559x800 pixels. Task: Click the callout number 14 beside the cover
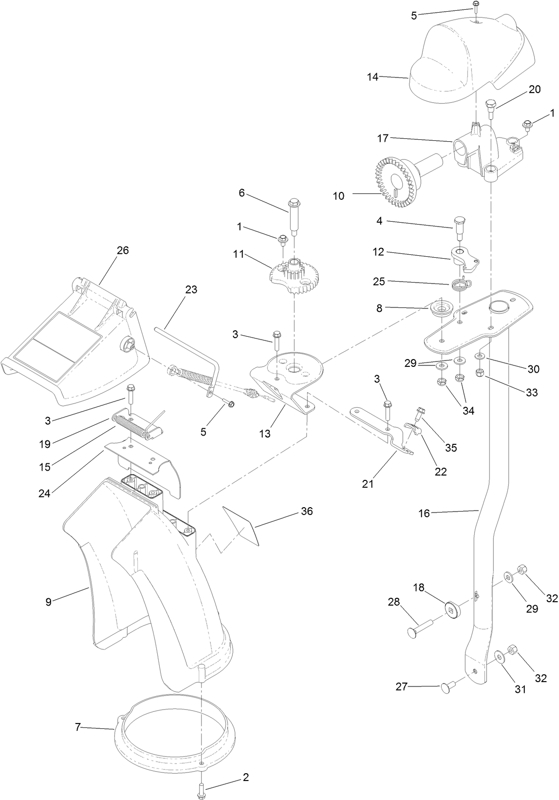[x=373, y=76]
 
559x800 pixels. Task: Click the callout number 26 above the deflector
[x=122, y=250]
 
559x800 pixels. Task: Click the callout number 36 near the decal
[x=307, y=512]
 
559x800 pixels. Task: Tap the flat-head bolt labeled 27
[x=447, y=687]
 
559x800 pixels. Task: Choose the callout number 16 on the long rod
[x=425, y=514]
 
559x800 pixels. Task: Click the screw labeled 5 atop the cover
[x=475, y=6]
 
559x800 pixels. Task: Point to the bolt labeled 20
[x=490, y=108]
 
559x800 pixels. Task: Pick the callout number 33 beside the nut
[x=531, y=392]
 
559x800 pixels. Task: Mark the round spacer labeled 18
[x=452, y=609]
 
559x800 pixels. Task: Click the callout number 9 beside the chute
[x=48, y=602]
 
